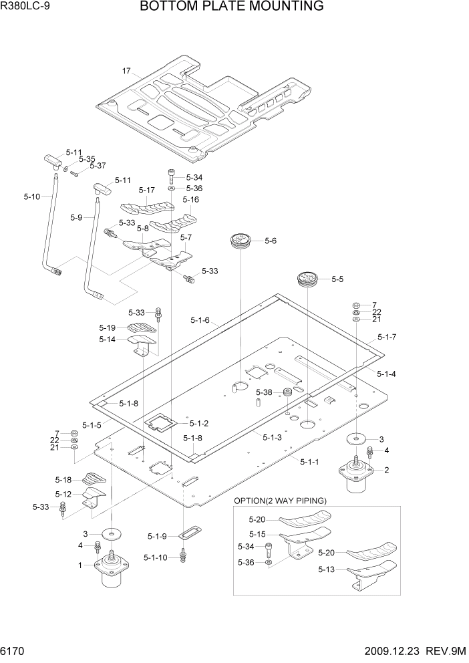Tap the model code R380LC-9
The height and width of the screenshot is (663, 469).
pos(27,7)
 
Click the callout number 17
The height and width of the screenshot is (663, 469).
pos(126,70)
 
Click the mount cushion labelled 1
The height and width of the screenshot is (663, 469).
pos(112,569)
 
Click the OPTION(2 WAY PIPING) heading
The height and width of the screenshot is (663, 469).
pos(279,501)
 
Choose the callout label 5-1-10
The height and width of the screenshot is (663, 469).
pos(157,557)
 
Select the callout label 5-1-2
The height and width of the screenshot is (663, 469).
pos(199,423)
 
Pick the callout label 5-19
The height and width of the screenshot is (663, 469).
pos(108,327)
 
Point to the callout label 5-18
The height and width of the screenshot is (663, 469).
pos(63,480)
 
